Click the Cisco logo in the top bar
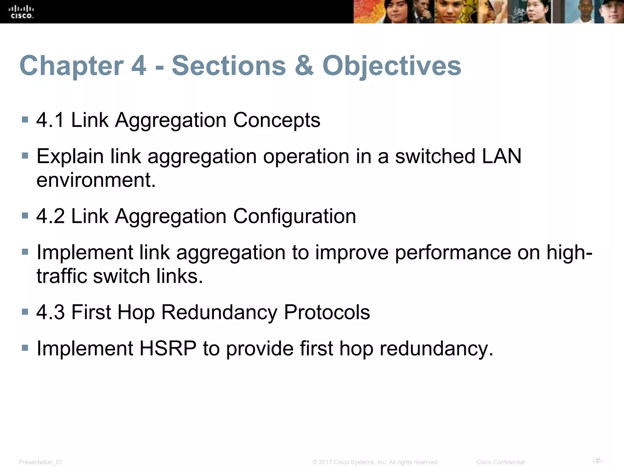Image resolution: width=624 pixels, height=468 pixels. coord(22,12)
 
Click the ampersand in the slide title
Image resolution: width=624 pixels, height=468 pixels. coord(304,66)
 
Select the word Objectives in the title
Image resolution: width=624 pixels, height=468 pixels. coord(392,66)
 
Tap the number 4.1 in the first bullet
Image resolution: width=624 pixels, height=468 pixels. coord(50,120)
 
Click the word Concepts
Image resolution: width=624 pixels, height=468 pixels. coord(277,120)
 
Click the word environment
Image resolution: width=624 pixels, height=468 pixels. coord(96,180)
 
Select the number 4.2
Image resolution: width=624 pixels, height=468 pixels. coord(50,216)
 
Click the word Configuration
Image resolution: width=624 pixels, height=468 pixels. coord(294,216)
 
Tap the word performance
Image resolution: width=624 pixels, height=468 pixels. coord(453,252)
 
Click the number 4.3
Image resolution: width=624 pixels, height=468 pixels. coord(50,312)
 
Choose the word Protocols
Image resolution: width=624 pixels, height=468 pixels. coord(327,312)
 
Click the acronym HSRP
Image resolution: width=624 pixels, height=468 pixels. coord(168,348)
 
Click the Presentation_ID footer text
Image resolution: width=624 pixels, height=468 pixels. coord(40,462)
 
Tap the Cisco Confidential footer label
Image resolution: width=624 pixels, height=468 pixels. coord(500,462)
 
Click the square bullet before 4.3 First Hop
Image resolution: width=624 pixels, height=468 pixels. coord(25,312)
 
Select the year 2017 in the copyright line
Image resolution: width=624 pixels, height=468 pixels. coord(325,462)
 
